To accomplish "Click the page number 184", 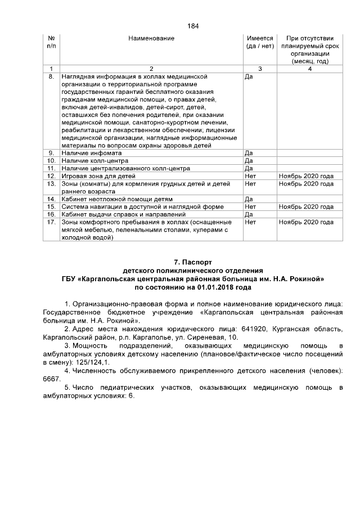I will coord(193,26).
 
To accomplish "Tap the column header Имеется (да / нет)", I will coord(260,42).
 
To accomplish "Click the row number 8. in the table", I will coord(51,75).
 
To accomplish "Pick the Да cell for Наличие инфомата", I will coord(250,153).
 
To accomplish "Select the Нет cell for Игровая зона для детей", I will coord(251,176).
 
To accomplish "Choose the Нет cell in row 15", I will coord(251,206).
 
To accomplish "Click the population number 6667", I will coord(51,380).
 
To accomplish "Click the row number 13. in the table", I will coord(51,184).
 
